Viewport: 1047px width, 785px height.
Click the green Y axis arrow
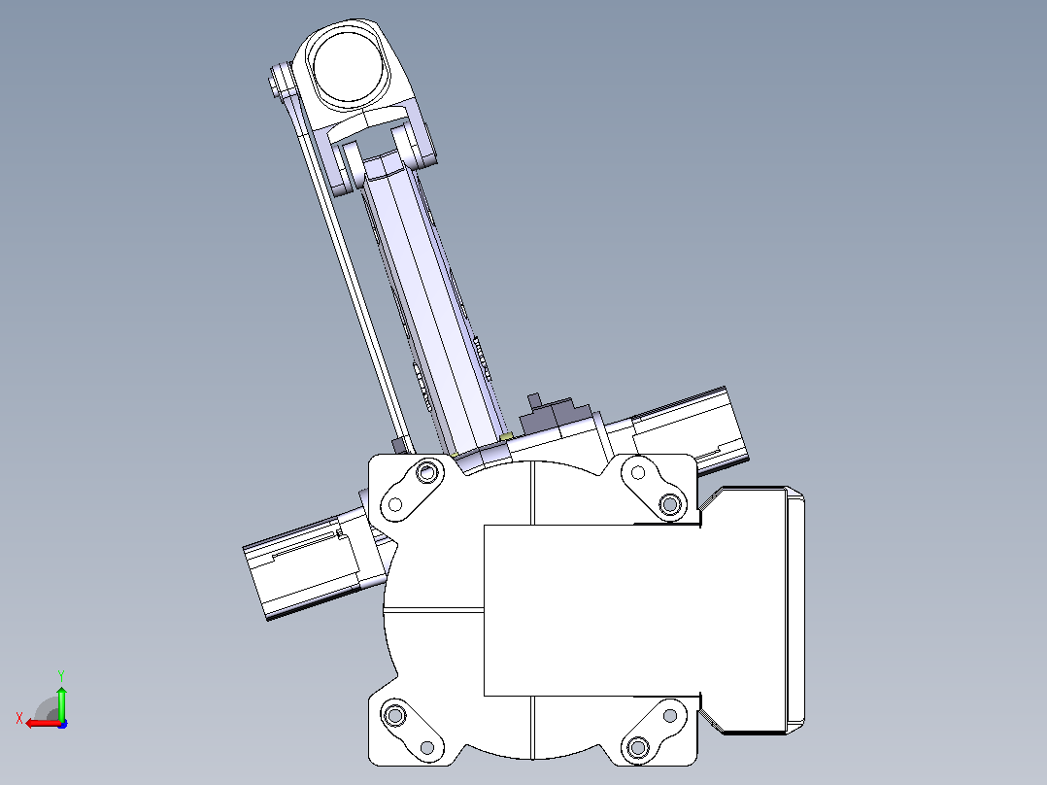[61, 702]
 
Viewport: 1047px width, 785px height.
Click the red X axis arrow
[44, 723]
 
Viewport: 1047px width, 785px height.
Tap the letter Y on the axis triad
[61, 675]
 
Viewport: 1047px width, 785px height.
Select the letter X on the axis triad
[19, 718]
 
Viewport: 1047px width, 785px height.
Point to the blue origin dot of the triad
[62, 724]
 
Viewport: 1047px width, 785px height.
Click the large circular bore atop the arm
[348, 66]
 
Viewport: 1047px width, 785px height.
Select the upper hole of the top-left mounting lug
[426, 473]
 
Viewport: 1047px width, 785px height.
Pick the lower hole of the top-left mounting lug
[394, 504]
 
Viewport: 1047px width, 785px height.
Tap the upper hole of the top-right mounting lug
[638, 473]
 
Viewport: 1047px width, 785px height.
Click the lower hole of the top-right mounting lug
[670, 503]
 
